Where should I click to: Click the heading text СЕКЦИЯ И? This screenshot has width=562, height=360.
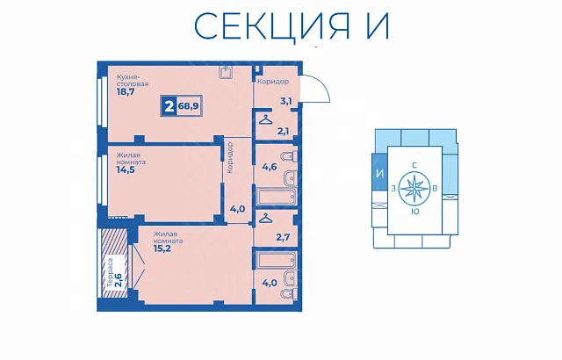(x=292, y=26)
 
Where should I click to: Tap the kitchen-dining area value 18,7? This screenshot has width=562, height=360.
(x=125, y=91)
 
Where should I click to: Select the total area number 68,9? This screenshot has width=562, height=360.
(x=189, y=106)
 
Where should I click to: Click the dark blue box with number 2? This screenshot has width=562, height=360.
(x=169, y=106)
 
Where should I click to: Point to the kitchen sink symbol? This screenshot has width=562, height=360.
(x=227, y=72)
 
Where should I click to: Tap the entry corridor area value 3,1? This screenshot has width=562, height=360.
(x=285, y=101)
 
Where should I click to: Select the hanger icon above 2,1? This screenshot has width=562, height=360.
(x=265, y=119)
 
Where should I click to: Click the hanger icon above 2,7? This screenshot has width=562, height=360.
(x=265, y=218)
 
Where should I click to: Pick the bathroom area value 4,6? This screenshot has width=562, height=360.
(x=270, y=167)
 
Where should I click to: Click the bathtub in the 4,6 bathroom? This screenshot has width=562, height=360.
(x=277, y=196)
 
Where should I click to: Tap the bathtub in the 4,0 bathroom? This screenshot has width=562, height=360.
(x=277, y=260)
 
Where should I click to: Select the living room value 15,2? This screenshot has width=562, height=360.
(x=162, y=248)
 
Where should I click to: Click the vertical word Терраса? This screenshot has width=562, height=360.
(x=111, y=272)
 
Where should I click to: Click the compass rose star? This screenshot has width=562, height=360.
(x=414, y=189)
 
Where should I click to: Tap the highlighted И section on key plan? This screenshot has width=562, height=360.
(x=380, y=174)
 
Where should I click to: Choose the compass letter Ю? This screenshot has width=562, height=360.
(x=415, y=212)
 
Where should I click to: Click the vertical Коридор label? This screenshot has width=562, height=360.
(x=230, y=158)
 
